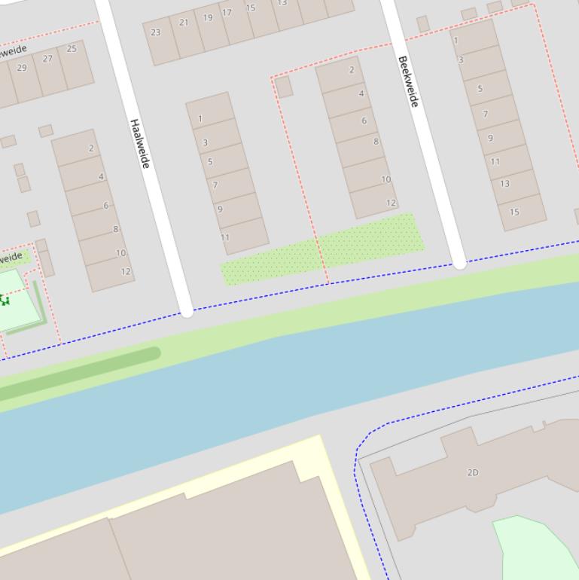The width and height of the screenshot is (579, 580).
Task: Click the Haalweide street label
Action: tap(140, 143)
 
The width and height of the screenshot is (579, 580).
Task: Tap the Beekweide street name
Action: tap(407, 81)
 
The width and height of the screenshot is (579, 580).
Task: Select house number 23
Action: tap(156, 32)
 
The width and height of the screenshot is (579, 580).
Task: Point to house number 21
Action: tap(184, 23)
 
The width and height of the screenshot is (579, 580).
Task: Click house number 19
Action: tap(208, 17)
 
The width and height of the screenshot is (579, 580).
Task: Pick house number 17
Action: tap(227, 13)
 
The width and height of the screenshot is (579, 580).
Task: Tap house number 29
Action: tap(22, 68)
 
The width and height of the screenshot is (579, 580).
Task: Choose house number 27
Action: tap(48, 59)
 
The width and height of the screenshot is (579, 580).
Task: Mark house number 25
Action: tap(72, 49)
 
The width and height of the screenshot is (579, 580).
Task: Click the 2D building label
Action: tap(473, 472)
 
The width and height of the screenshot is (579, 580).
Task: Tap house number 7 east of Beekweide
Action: tap(486, 114)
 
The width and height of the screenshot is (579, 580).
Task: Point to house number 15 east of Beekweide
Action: tap(514, 212)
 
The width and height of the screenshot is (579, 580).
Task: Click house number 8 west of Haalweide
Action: tap(116, 229)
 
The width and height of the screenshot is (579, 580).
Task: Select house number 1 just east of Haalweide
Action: tap(200, 118)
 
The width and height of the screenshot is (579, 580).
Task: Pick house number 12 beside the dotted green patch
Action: tap(391, 203)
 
